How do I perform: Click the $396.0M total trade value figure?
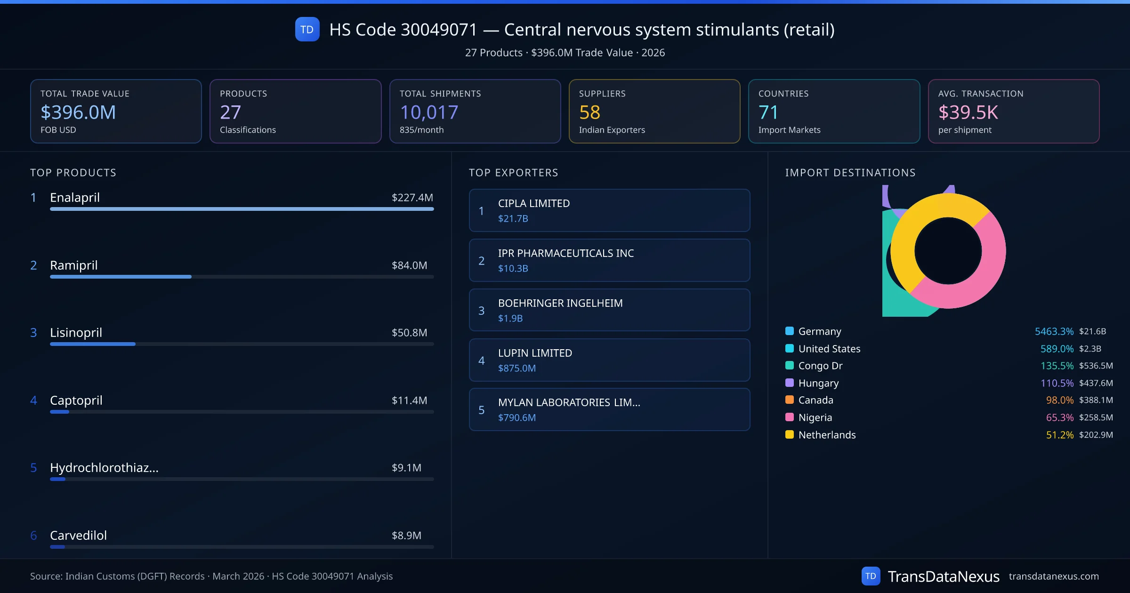point(78,112)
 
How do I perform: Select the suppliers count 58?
point(589,112)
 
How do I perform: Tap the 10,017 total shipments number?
point(428,112)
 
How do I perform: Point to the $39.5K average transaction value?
point(968,112)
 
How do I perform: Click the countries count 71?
point(768,112)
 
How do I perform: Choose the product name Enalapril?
point(75,198)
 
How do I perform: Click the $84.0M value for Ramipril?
point(409,265)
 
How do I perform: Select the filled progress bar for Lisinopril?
point(93,344)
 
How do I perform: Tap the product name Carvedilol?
point(78,536)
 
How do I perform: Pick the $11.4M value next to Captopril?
point(409,401)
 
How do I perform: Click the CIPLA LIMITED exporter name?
point(534,203)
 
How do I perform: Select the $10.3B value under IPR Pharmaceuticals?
point(513,268)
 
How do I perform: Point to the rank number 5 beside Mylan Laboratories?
point(481,410)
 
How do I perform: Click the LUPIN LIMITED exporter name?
point(535,353)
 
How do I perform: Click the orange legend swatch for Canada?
point(790,400)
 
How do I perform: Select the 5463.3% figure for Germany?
point(1054,331)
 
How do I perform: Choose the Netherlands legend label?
point(827,435)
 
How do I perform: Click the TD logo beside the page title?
point(307,30)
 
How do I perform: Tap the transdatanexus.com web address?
point(1054,576)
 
